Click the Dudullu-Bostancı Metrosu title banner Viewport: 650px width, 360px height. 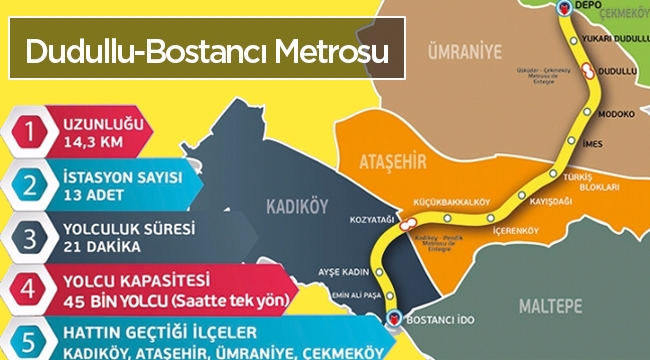tap(208, 51)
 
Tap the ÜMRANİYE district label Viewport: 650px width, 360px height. tap(461, 51)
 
